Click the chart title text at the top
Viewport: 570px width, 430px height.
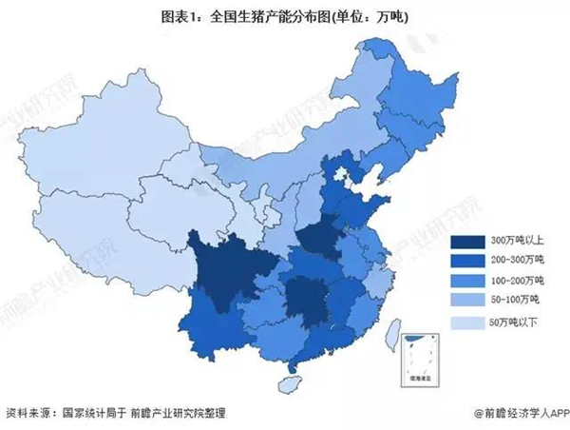(x=285, y=16)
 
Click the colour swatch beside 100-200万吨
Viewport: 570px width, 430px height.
(x=462, y=281)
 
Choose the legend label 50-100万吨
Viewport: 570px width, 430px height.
(x=518, y=302)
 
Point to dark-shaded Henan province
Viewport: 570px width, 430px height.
(x=318, y=238)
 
